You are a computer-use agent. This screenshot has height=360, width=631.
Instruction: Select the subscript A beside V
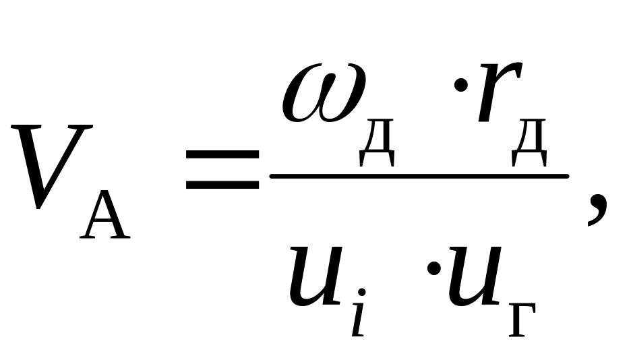105,214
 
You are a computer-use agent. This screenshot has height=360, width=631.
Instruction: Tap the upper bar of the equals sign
222,154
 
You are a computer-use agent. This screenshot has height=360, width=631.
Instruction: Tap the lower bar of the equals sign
222,185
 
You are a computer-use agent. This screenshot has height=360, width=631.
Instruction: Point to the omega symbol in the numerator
324,92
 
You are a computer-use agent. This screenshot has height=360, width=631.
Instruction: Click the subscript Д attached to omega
376,142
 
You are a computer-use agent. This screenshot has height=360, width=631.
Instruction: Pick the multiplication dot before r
460,85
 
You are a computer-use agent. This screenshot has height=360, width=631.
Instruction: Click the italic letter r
500,92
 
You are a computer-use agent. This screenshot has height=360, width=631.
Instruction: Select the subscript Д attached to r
529,142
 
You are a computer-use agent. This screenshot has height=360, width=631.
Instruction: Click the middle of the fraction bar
419,176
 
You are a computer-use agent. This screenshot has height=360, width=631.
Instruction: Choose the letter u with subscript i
317,276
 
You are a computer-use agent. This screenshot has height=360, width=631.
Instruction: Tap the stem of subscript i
358,318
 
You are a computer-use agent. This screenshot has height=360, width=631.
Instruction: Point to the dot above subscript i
361,292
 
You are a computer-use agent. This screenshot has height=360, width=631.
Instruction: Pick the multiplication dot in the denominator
434,268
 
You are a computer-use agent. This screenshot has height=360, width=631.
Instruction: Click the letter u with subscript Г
475,276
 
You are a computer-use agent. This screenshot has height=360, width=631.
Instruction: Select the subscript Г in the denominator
522,320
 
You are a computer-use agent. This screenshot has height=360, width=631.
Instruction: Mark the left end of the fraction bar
270,176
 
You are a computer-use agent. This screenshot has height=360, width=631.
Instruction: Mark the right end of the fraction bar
568,176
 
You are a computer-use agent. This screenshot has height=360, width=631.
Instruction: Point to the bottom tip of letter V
38,209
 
